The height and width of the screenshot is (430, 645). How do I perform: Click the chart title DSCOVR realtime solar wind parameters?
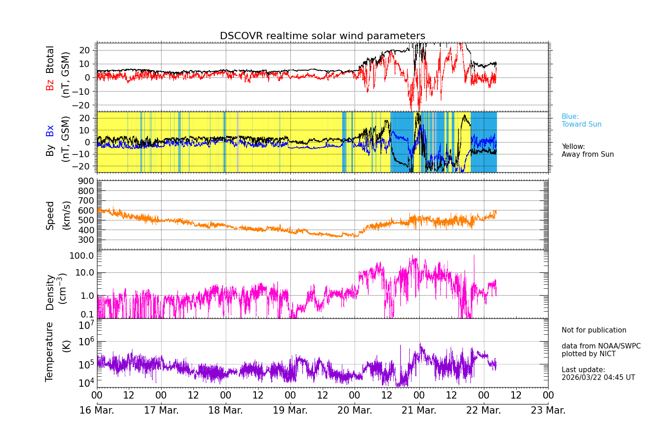322,36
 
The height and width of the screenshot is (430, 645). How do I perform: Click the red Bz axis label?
50,85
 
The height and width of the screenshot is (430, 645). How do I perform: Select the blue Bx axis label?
50,131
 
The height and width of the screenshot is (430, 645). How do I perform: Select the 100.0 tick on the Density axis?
81,256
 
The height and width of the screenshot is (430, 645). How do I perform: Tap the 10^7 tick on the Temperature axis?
86,325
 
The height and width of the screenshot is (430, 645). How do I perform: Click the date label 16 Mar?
96,410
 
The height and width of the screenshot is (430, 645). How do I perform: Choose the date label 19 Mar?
290,410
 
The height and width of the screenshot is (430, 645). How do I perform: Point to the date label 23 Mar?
548,410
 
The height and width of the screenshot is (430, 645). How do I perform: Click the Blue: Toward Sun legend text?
581,121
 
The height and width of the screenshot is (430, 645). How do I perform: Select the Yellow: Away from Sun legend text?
587,151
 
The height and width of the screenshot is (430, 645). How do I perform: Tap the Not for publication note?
594,330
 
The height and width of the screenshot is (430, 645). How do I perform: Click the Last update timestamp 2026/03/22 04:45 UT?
598,378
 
